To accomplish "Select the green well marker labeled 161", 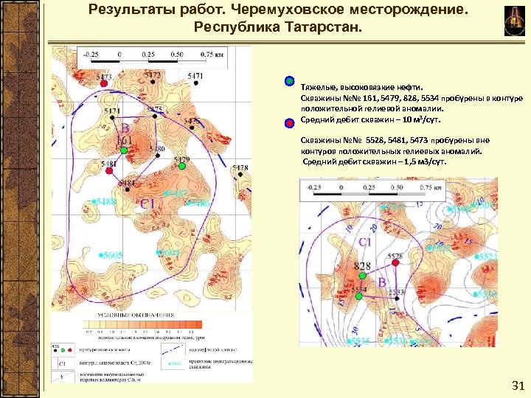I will click(124, 150).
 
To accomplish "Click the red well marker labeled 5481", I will click(109, 171).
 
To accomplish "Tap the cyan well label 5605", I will click(112, 255).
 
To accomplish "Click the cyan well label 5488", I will click(105, 201).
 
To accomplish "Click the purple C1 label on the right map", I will click(365, 241).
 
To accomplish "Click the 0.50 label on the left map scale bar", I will click(177, 54).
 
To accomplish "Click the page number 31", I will click(516, 386).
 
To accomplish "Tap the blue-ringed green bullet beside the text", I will click(290, 82).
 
